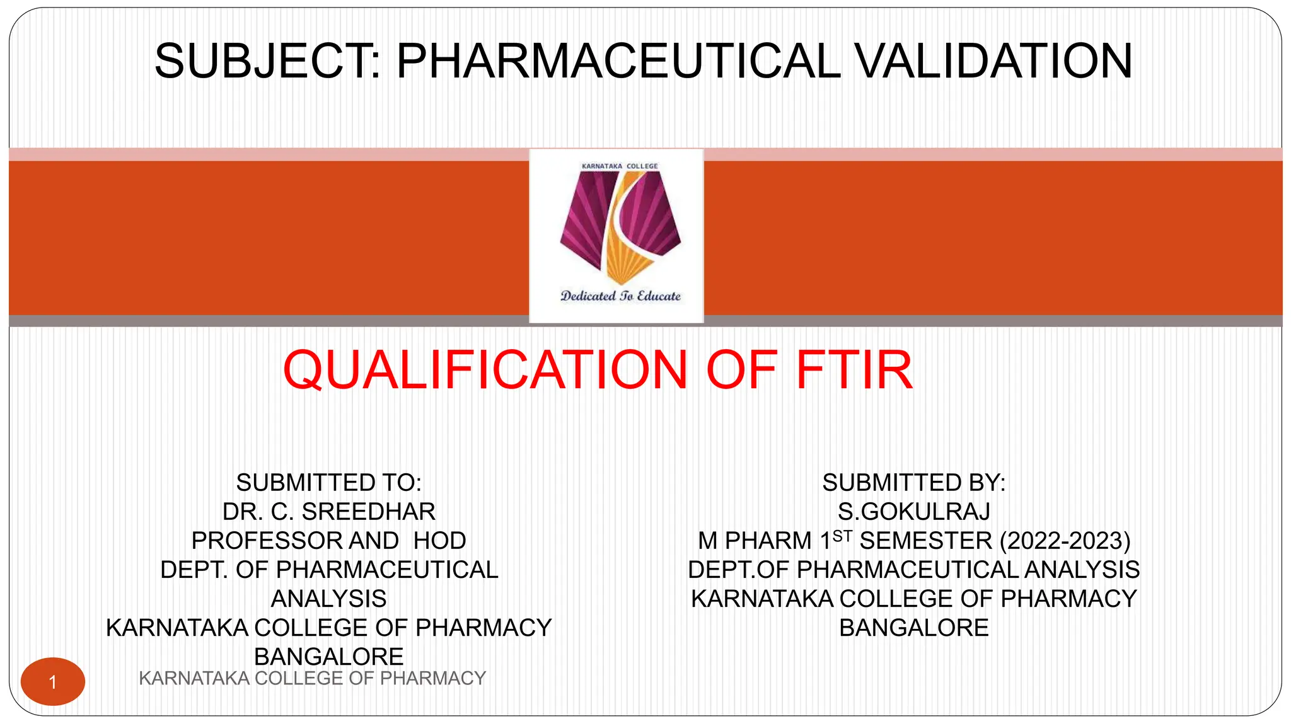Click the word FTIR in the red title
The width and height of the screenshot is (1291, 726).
coord(854,370)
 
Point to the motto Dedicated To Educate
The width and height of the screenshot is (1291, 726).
coord(620,296)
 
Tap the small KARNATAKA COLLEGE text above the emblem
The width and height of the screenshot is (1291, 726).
coord(620,166)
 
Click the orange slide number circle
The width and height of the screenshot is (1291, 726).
coord(53,681)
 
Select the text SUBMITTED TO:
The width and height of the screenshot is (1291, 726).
coord(328,483)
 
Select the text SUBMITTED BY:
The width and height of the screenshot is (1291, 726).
coord(913,483)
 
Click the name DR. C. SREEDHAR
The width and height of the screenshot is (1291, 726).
coord(328,512)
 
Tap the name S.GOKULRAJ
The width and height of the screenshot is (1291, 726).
coord(913,512)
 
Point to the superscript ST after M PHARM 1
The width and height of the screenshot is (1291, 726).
coord(842,536)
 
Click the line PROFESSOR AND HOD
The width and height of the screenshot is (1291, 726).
coord(328,541)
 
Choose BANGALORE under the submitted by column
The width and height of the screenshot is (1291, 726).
coord(913,628)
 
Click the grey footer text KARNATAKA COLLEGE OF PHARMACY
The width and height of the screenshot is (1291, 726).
coord(312,679)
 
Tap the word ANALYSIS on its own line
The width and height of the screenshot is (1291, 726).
coord(328,599)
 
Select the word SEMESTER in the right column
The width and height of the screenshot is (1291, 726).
coord(925,541)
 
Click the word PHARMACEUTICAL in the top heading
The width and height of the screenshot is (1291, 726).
coord(618,61)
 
